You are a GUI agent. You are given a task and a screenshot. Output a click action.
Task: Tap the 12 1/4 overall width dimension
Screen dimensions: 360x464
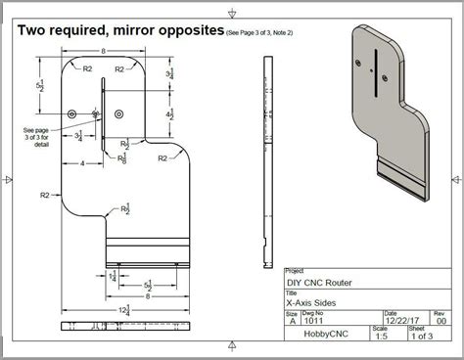coord(122,309)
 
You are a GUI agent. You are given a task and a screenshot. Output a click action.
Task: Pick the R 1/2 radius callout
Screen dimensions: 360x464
coord(125,208)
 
